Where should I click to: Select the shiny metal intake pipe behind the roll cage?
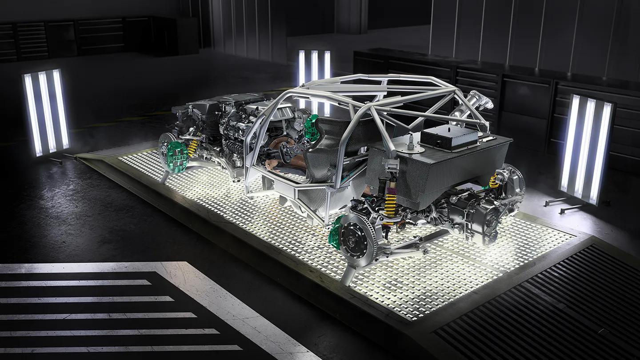click(473, 105)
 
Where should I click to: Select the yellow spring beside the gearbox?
click(493, 181)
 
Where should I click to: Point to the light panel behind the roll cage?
click(314, 71)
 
